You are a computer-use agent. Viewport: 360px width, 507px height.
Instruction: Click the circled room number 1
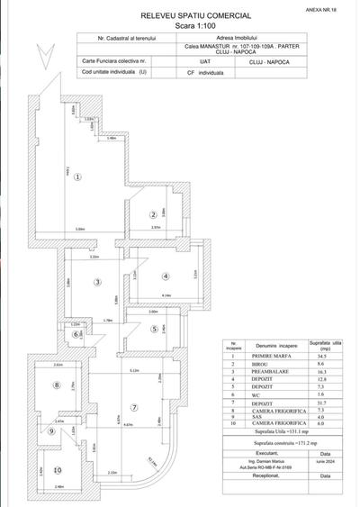coord(78,177)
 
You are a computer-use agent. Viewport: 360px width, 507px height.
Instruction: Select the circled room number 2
coord(154,214)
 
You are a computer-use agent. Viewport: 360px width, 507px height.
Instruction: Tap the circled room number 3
coord(98,283)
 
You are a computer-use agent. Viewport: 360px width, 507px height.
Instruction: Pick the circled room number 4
coord(166,276)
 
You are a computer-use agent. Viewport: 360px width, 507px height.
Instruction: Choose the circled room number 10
coord(57,469)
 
